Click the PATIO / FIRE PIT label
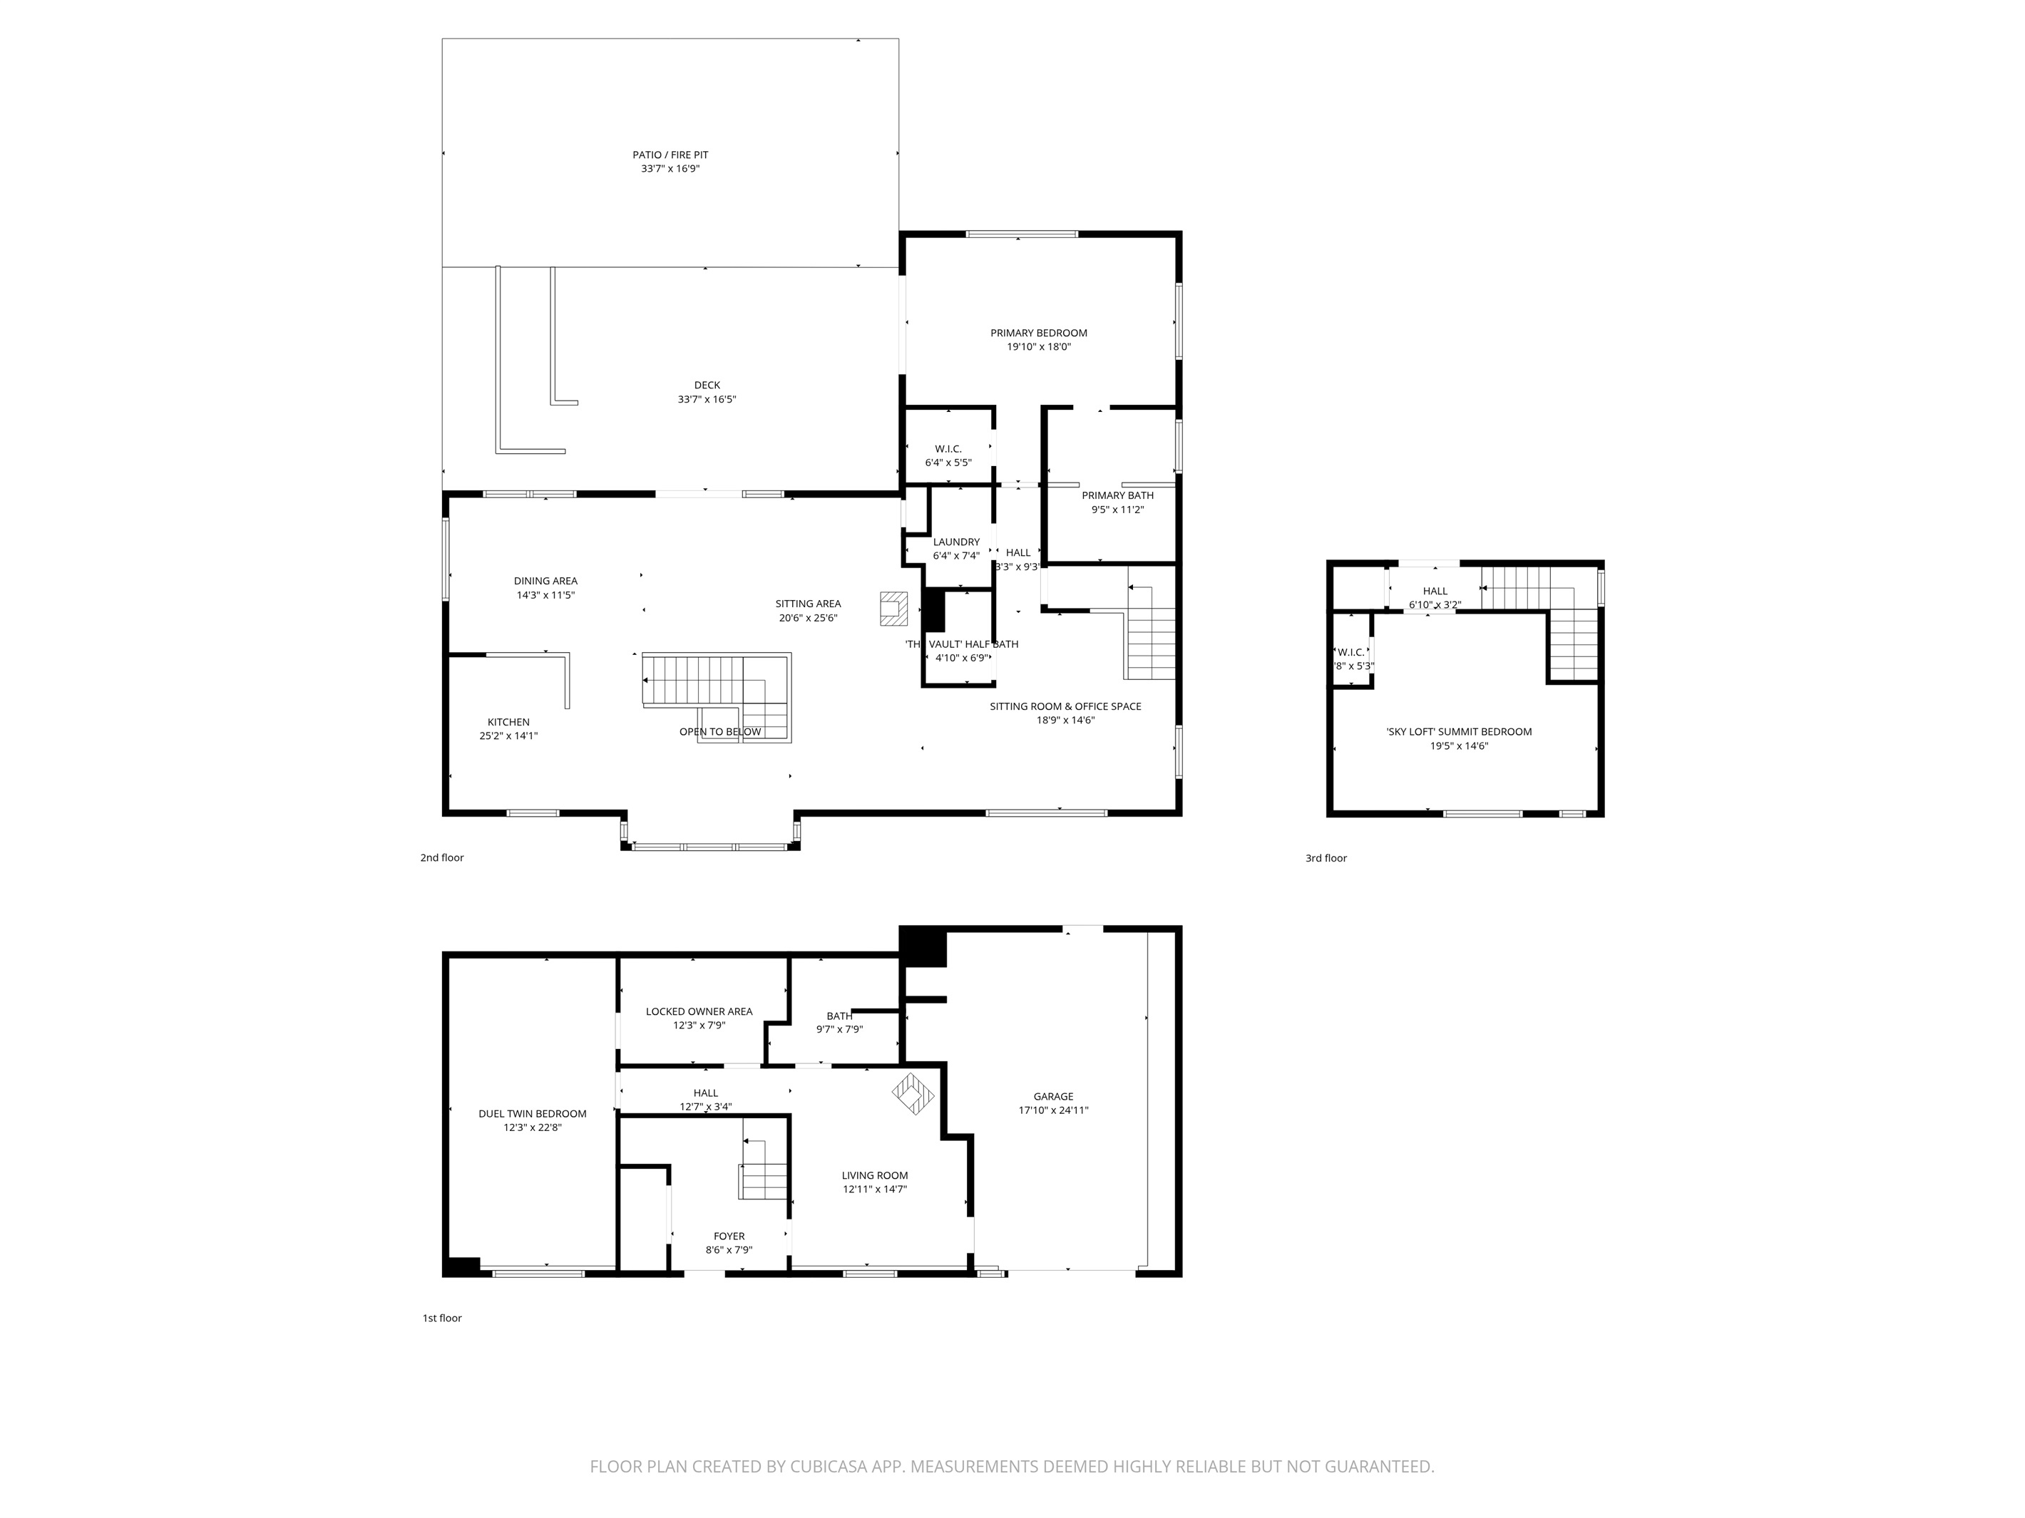[670, 155]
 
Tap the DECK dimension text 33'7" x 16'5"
[707, 400]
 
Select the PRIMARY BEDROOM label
[1038, 333]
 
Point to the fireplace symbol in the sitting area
[894, 609]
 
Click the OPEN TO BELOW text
[719, 732]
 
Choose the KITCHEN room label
[508, 723]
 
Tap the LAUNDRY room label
[955, 542]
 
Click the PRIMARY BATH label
[1117, 496]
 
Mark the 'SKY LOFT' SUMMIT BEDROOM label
[1458, 732]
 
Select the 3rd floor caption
[1326, 858]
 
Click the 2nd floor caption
[442, 858]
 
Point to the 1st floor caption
[442, 1318]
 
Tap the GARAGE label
[1052, 1096]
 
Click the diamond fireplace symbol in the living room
[913, 1095]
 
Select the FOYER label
[729, 1236]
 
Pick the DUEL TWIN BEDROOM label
[532, 1114]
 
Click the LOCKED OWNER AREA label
[699, 1011]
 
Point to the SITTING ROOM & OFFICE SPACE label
[1065, 706]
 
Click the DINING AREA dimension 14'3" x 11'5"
[545, 596]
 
